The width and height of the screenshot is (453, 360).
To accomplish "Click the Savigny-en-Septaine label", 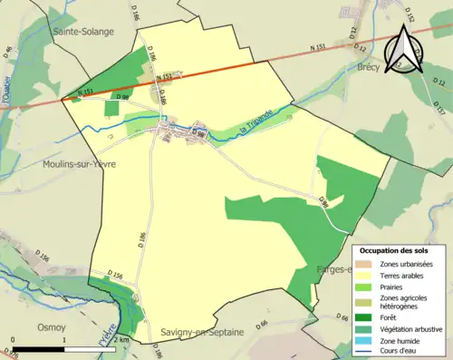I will point(202,332).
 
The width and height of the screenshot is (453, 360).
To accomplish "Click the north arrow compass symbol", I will point(405,50).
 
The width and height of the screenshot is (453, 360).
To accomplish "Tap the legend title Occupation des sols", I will point(394,249).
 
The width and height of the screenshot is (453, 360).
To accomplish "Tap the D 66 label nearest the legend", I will point(342,318).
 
